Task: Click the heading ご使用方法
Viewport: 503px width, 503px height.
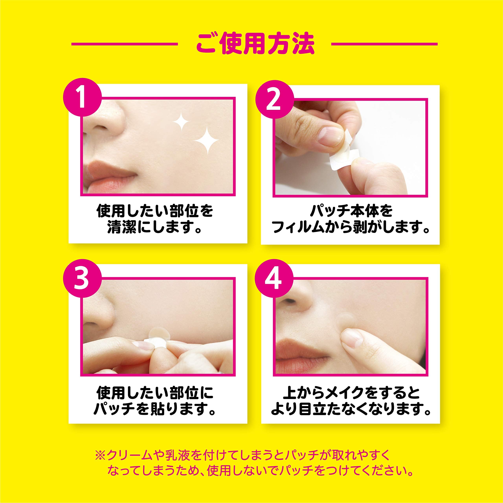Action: tap(254, 44)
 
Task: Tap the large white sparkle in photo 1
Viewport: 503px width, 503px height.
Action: tap(206, 140)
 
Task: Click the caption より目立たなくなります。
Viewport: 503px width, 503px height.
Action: tap(351, 409)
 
